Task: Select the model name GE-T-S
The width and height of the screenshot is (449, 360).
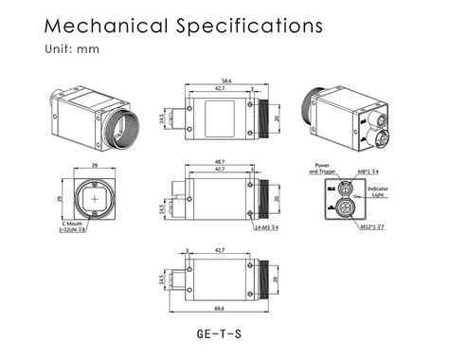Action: point(220,333)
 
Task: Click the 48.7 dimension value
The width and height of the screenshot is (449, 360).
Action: point(220,162)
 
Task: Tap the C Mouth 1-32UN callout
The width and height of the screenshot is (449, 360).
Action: point(74,227)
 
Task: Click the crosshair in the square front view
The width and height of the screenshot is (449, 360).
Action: point(97,199)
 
